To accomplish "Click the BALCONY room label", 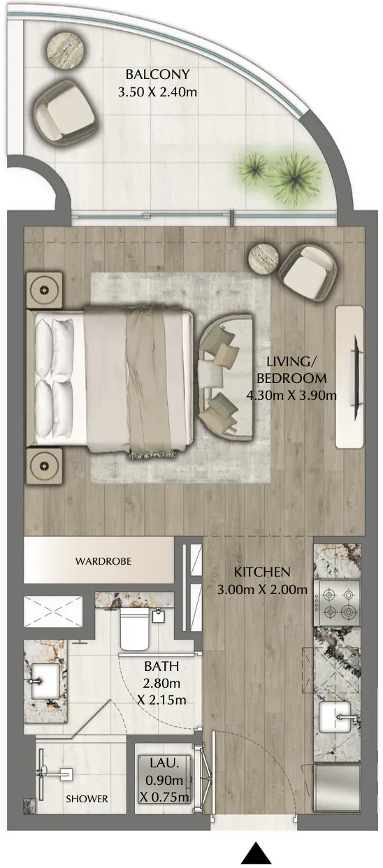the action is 157,74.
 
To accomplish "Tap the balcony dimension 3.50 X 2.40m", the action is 157,93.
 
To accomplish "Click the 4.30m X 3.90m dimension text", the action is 291,396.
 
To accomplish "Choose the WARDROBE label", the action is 103,560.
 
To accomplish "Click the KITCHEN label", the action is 262,572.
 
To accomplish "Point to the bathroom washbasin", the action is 45,681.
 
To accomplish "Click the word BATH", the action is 161,666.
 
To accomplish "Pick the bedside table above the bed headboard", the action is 44,290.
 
